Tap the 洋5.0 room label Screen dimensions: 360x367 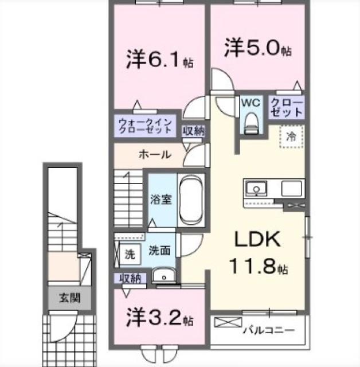pos(258,48)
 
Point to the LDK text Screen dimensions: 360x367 pos(257,239)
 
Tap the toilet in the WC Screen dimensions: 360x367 pos(251,124)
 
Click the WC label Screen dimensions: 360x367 pos(251,103)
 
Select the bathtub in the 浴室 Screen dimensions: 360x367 pos(191,200)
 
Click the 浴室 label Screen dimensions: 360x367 pos(161,199)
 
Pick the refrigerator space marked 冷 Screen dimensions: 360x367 pos(291,136)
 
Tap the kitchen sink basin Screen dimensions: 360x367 pos(256,189)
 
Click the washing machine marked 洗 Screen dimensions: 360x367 pos(130,254)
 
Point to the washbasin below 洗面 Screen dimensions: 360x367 pos(164,276)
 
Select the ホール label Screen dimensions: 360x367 pos(155,154)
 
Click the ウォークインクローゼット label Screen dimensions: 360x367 pos(145,126)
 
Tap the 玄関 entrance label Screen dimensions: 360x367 pos(70,298)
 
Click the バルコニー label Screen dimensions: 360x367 pos(268,330)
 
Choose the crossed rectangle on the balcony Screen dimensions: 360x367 pos(228,322)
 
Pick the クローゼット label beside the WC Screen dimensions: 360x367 pos(287,107)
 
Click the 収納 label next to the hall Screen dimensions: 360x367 pos(193,131)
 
